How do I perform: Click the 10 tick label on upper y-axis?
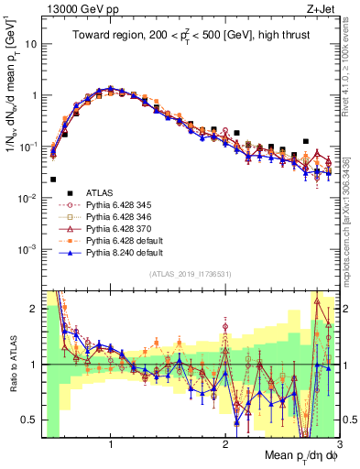pyautogui.click(x=30, y=44)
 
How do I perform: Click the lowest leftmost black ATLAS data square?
pyautogui.click(x=52, y=180)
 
